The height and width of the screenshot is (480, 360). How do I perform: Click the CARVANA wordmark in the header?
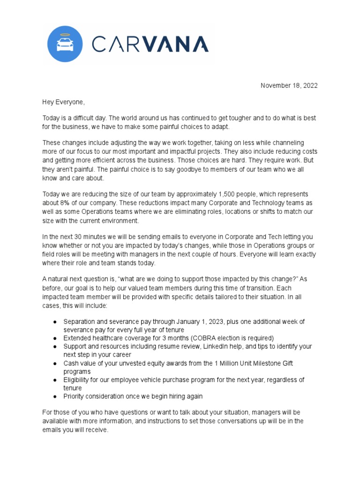150,44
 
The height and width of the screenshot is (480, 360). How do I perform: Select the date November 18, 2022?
289,86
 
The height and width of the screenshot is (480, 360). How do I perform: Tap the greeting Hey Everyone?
64,102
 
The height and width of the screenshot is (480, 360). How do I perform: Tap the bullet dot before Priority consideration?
55,397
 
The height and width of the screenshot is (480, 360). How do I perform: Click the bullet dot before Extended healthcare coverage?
55,338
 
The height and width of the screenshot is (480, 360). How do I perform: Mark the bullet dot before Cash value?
55,363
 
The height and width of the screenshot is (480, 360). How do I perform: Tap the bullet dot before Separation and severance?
55,322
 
